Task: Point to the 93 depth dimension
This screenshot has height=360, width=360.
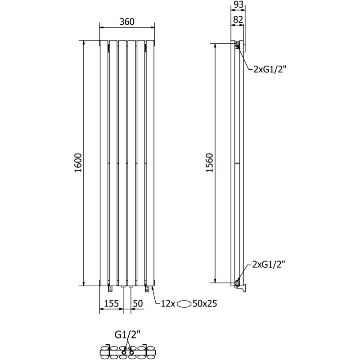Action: click(238, 5)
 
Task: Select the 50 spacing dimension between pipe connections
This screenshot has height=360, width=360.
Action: click(138, 304)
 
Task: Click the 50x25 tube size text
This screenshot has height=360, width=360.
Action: click(205, 304)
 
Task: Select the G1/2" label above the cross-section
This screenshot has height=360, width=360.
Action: click(127, 334)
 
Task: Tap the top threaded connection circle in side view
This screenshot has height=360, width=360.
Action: click(237, 44)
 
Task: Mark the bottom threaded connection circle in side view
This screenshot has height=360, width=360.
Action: click(237, 282)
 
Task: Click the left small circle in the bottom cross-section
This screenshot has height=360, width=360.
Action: click(124, 348)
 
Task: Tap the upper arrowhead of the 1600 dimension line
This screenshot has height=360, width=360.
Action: click(84, 43)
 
